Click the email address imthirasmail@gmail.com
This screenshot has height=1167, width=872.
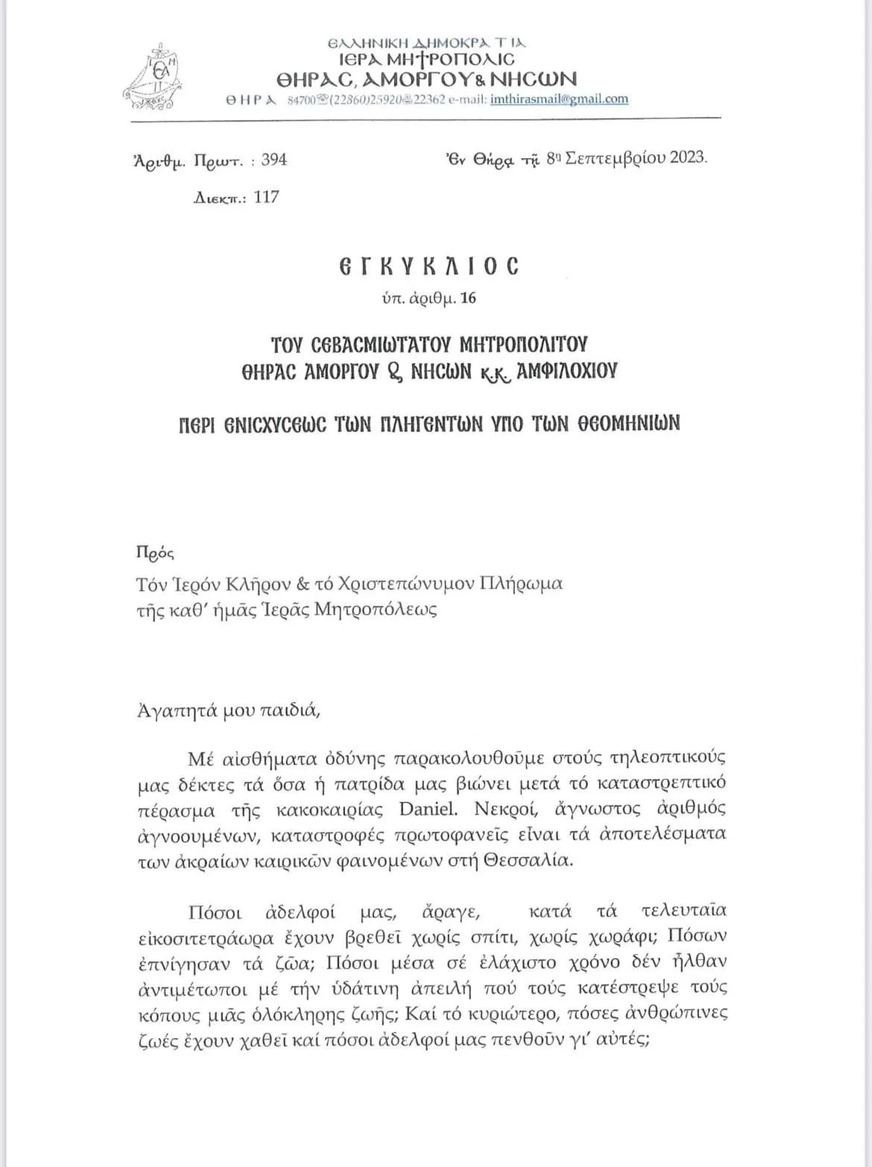click(559, 99)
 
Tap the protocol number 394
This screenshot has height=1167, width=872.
click(274, 159)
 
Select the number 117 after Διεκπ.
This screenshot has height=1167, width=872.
click(266, 197)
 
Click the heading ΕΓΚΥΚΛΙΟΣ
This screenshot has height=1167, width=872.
click(429, 266)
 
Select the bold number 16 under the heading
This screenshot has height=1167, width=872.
click(468, 298)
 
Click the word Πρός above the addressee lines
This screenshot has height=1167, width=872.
click(155, 553)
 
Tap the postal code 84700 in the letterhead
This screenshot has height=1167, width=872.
click(303, 100)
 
